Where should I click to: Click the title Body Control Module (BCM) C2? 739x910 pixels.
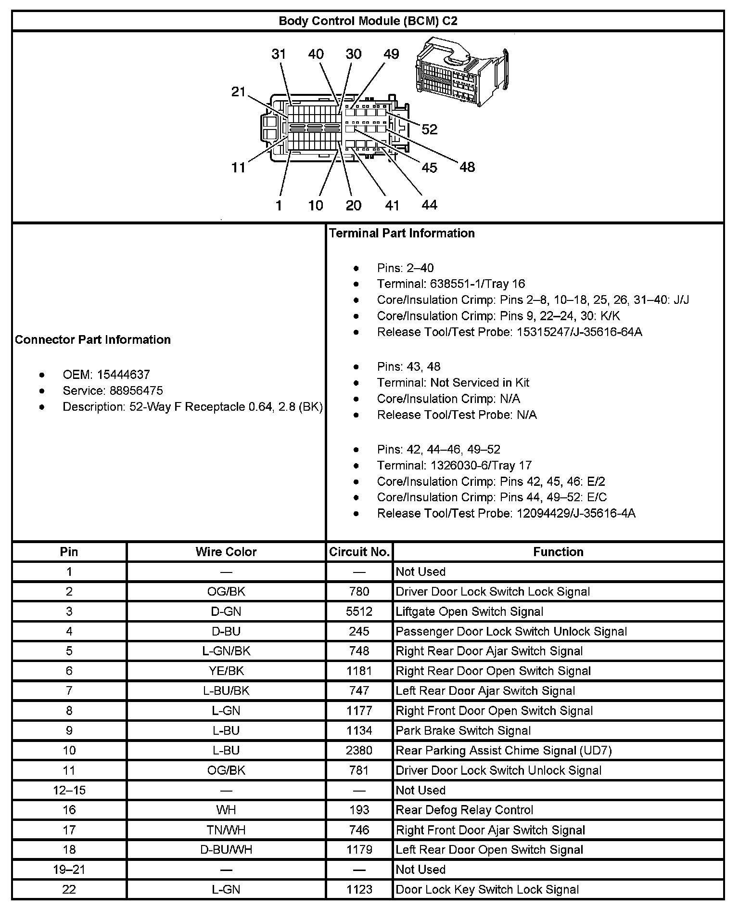coord(368,21)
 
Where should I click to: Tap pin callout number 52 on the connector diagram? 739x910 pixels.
coord(430,129)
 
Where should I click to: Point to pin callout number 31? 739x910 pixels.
coord(279,54)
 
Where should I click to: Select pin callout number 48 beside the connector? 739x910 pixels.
coord(467,167)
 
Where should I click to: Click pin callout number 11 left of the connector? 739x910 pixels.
coord(239,168)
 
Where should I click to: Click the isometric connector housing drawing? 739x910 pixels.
coord(461,73)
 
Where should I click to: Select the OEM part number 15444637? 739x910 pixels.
coord(123,375)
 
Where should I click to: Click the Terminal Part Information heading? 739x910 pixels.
coord(402,234)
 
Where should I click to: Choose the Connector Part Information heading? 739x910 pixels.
coord(93,340)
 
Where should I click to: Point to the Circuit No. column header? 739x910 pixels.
coord(359,552)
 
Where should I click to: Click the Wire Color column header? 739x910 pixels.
coord(226,552)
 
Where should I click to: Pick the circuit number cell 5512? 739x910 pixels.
coord(359,611)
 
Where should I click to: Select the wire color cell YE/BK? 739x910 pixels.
coord(226,671)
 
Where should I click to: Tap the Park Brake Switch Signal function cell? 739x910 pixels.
coord(463,731)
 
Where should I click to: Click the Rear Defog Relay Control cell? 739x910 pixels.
coord(464,810)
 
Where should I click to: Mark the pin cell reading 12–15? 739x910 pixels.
coord(69,790)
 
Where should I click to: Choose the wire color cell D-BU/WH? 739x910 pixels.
coord(226,850)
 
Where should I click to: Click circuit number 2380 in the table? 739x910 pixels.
coord(359,751)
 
